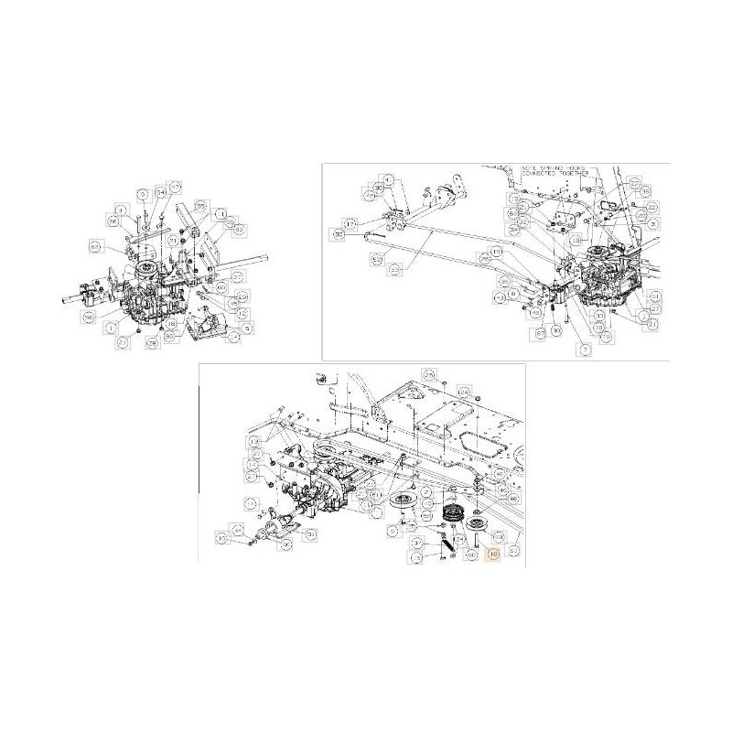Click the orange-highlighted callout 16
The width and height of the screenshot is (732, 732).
493,554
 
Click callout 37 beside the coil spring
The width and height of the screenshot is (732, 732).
416,543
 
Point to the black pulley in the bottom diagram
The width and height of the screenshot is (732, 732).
451,512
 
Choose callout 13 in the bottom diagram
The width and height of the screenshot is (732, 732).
253,441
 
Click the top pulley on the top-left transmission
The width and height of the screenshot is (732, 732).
145,269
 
